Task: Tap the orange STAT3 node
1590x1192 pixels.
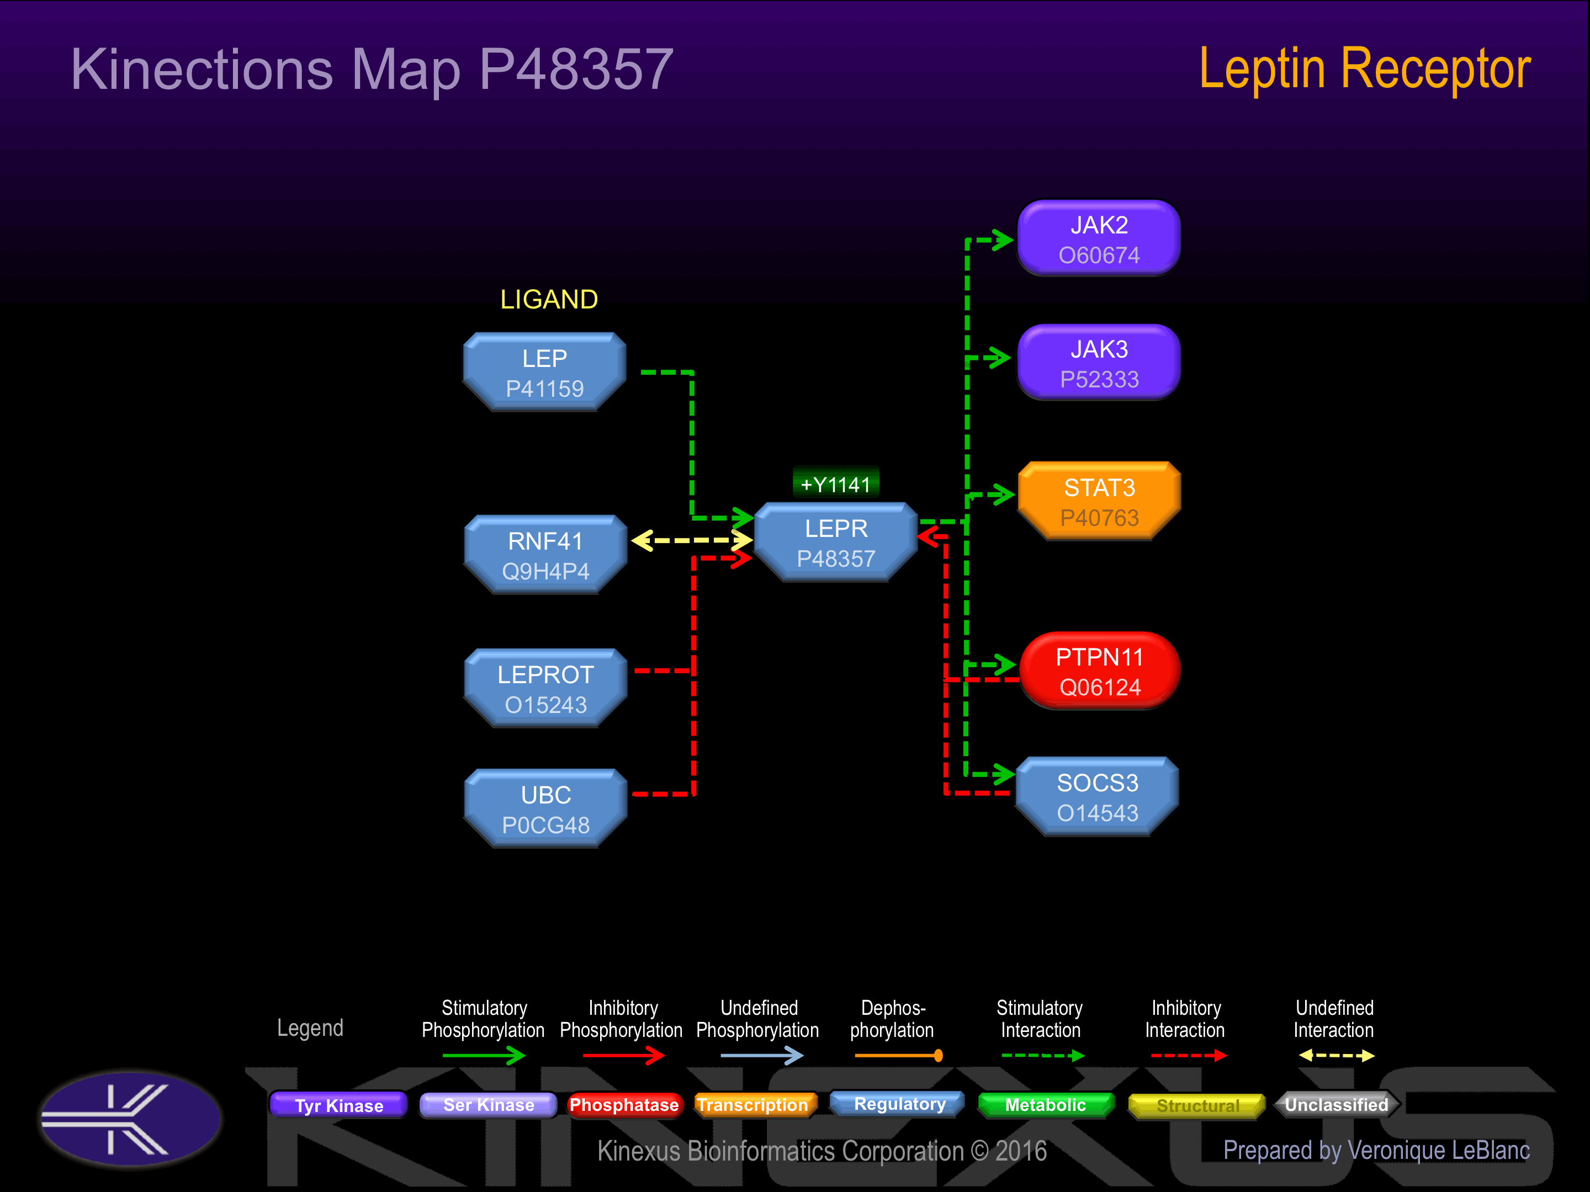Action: (1099, 502)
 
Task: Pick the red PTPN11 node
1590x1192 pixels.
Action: (1099, 671)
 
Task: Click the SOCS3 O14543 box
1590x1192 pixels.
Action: (1097, 797)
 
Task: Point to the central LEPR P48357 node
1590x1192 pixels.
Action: (836, 542)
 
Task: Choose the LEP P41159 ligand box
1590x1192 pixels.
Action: (545, 372)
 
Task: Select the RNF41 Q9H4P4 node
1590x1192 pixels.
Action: (545, 555)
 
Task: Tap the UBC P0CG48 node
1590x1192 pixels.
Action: (545, 809)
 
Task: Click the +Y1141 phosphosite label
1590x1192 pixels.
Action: (835, 485)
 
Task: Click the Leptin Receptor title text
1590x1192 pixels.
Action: (1364, 69)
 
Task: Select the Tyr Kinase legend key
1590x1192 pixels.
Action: (338, 1105)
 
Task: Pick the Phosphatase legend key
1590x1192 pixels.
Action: (623, 1104)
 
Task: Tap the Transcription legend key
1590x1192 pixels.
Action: (752, 1104)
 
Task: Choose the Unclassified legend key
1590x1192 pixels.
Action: (1336, 1104)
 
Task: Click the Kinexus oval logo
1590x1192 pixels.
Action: (130, 1118)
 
